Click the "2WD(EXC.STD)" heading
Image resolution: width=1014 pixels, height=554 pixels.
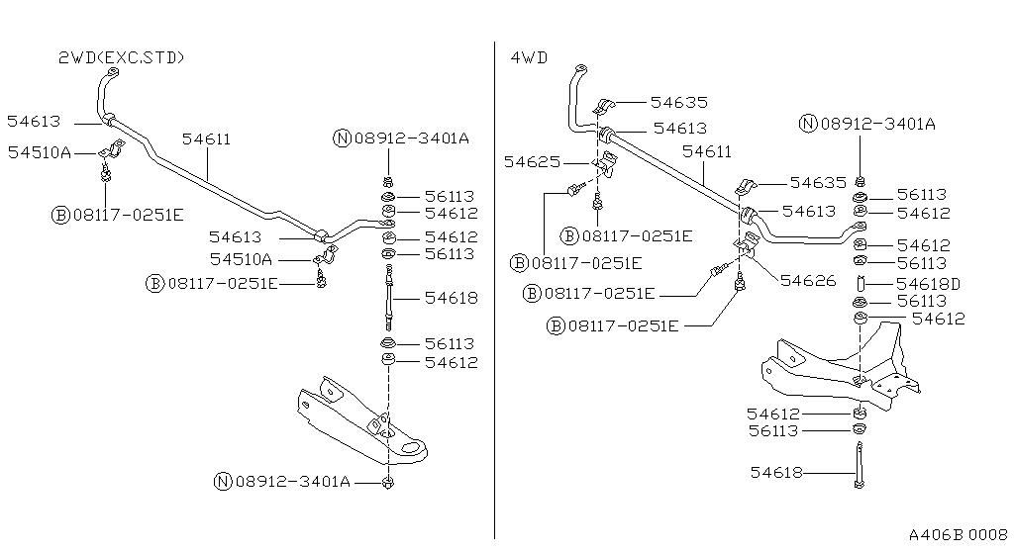pyautogui.click(x=121, y=58)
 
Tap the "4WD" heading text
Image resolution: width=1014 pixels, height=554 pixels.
pyautogui.click(x=529, y=58)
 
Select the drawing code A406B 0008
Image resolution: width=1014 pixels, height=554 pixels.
pyautogui.click(x=957, y=532)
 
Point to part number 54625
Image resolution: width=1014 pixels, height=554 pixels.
pyautogui.click(x=531, y=161)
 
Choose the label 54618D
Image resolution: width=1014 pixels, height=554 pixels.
pyautogui.click(x=929, y=284)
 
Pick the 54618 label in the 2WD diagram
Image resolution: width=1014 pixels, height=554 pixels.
pyautogui.click(x=452, y=297)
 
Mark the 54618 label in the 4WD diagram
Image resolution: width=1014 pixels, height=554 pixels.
pyautogui.click(x=773, y=473)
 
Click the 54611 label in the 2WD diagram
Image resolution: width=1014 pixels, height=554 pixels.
pyautogui.click(x=206, y=139)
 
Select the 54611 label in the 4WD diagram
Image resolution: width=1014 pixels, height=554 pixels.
pyautogui.click(x=707, y=151)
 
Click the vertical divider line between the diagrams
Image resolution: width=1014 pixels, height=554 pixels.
pyautogui.click(x=494, y=297)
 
